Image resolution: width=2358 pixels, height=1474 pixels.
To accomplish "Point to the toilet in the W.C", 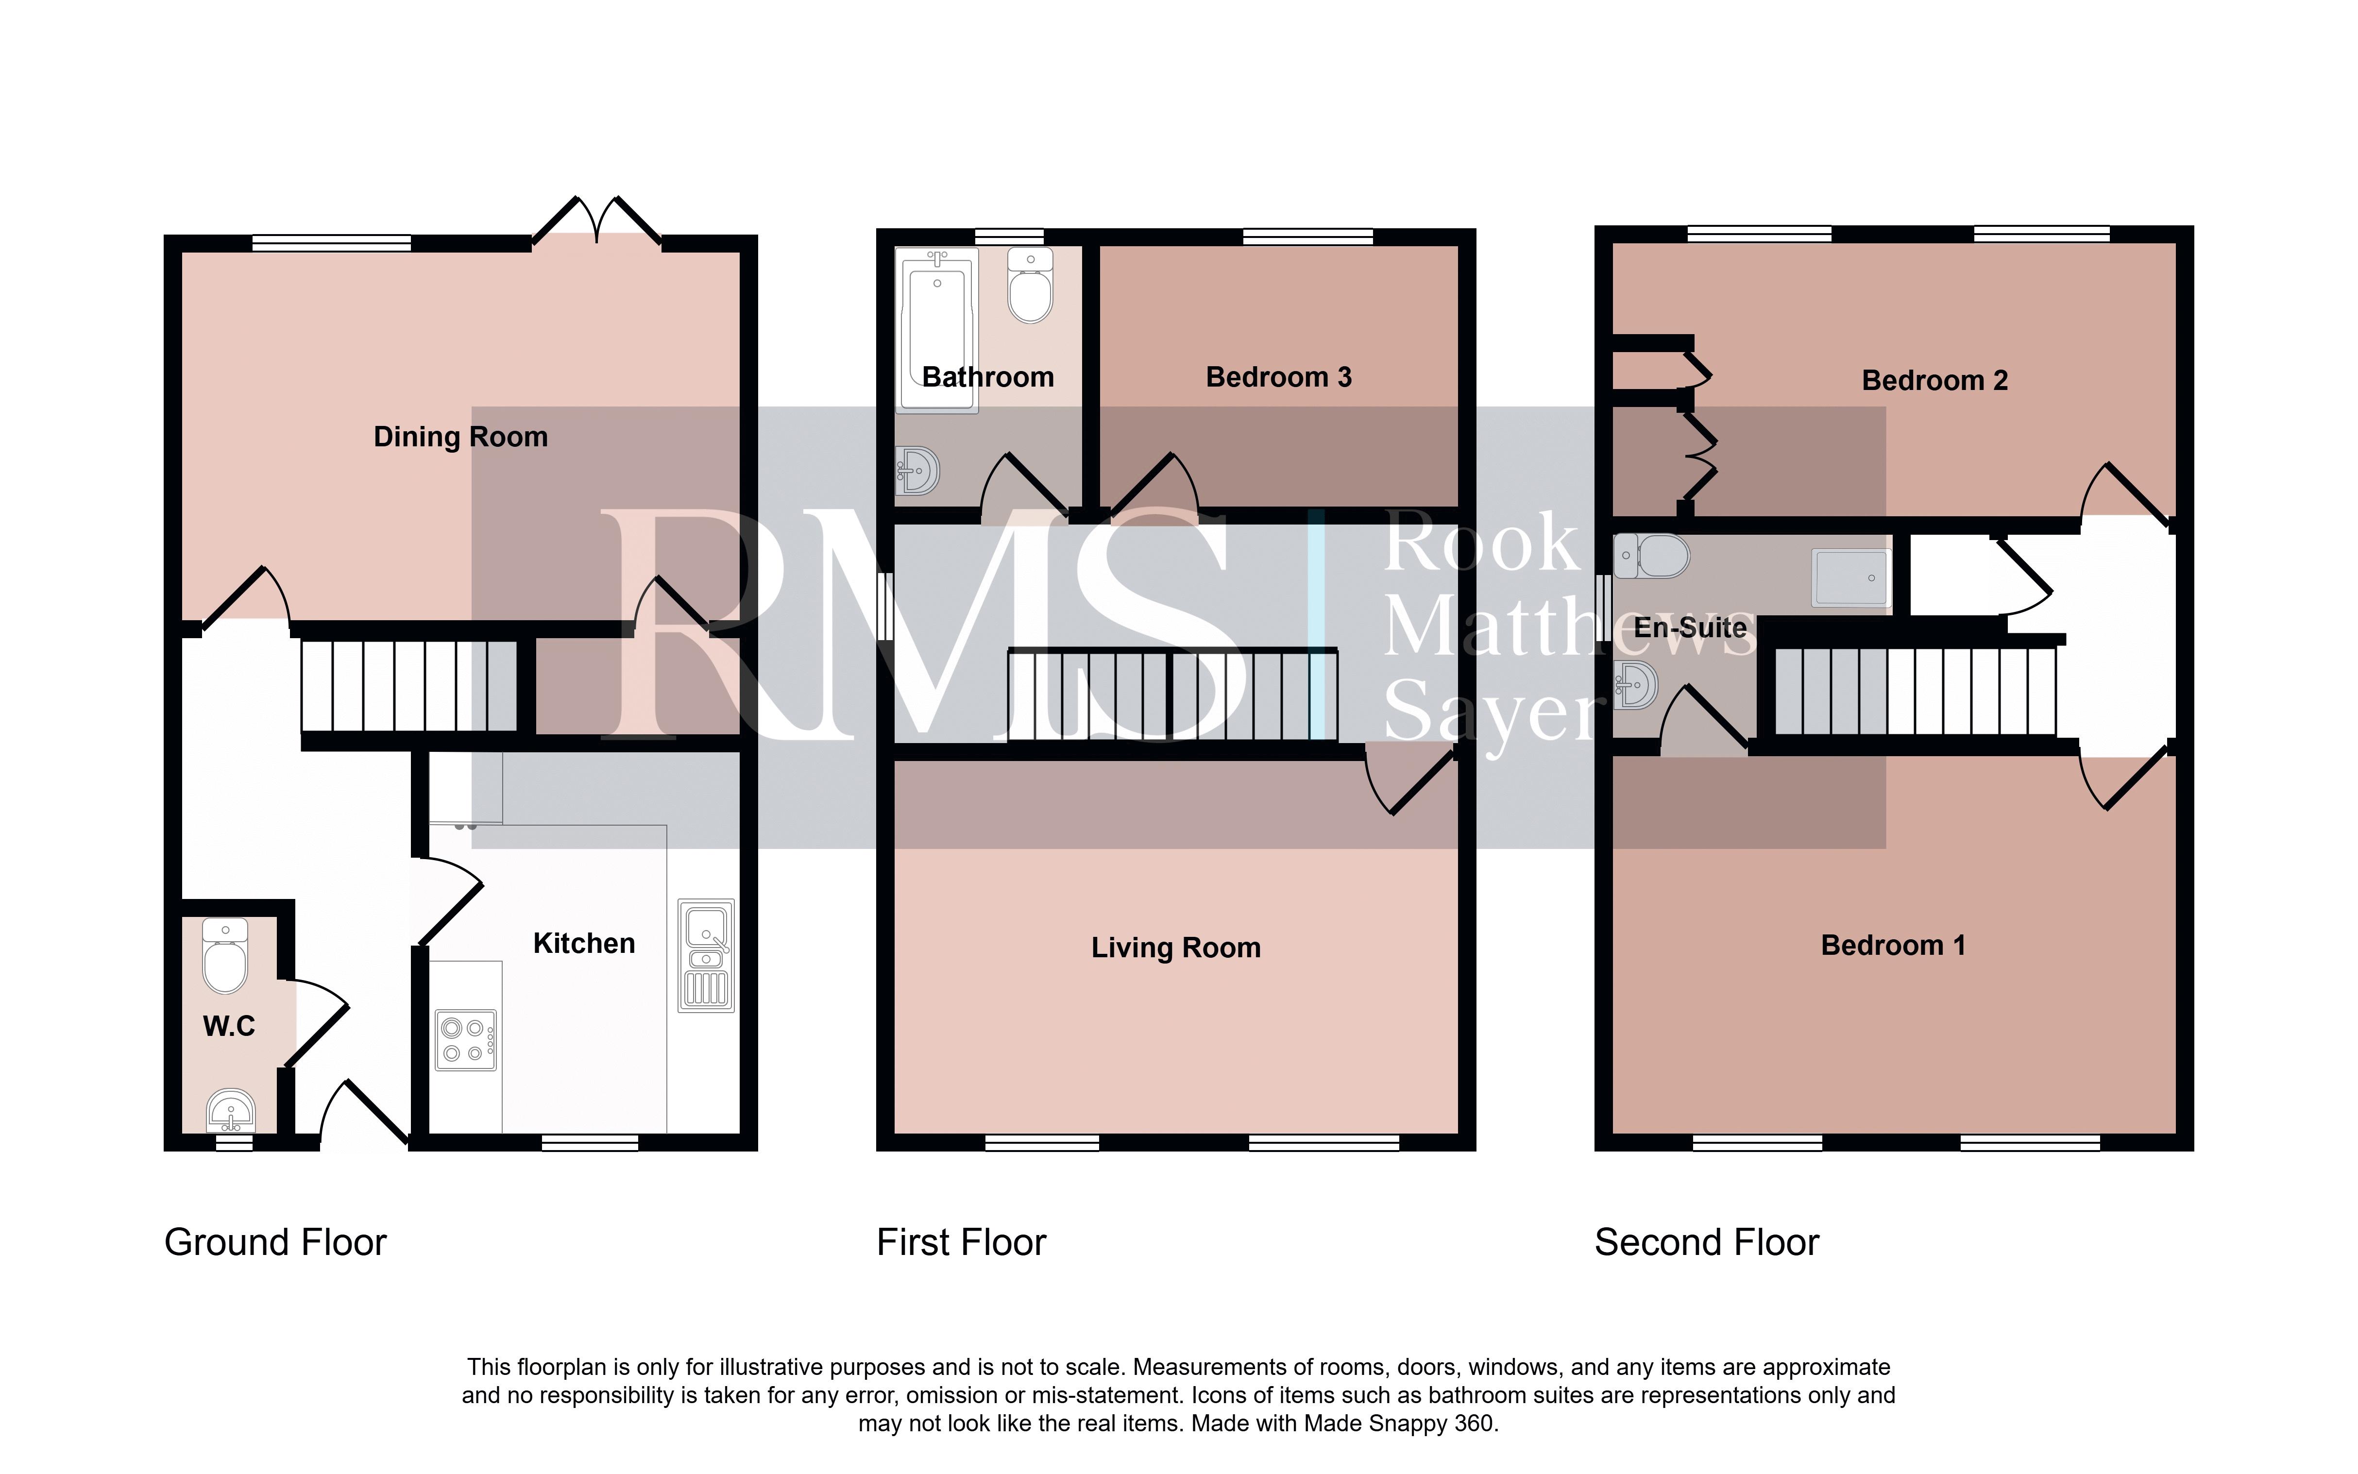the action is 225,955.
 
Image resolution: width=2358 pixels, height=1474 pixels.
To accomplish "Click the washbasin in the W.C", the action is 231,1109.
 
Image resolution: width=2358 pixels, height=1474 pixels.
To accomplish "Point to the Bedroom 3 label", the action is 1279,377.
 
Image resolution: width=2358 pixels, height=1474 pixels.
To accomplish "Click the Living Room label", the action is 1175,948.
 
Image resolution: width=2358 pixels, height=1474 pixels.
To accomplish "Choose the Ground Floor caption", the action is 276,1243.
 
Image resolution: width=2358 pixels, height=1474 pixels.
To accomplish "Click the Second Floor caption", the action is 1707,1243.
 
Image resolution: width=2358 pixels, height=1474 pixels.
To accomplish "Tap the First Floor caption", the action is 961,1243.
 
